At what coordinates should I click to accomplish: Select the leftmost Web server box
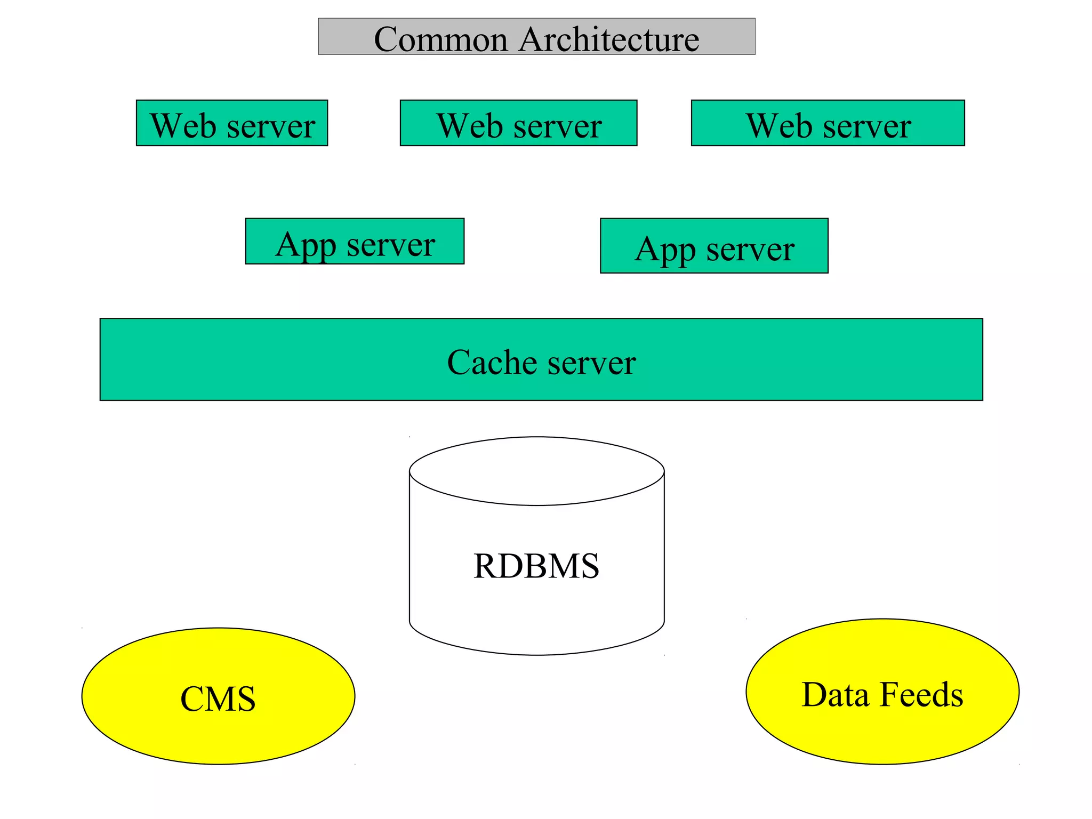pos(232,123)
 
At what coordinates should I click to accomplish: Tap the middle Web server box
pos(518,123)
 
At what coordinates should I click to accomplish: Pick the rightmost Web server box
pos(828,123)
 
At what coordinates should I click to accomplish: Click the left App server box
pos(355,242)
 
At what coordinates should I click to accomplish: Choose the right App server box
pos(714,246)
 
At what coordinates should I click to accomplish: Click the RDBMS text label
pos(536,566)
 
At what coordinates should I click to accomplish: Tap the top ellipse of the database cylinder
pos(536,471)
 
